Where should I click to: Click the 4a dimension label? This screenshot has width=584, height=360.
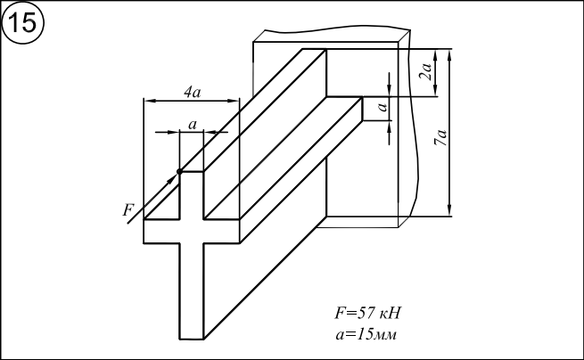pos(191,92)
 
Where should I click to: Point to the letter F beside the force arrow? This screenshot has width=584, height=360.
pos(128,210)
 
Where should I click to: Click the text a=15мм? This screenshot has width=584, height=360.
pos(366,335)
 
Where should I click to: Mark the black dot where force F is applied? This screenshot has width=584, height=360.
pos(179,171)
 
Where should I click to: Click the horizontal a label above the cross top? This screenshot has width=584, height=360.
pos(192,124)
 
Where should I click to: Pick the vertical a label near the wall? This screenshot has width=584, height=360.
pos(382,108)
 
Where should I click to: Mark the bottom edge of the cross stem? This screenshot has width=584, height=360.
pos(192,339)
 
